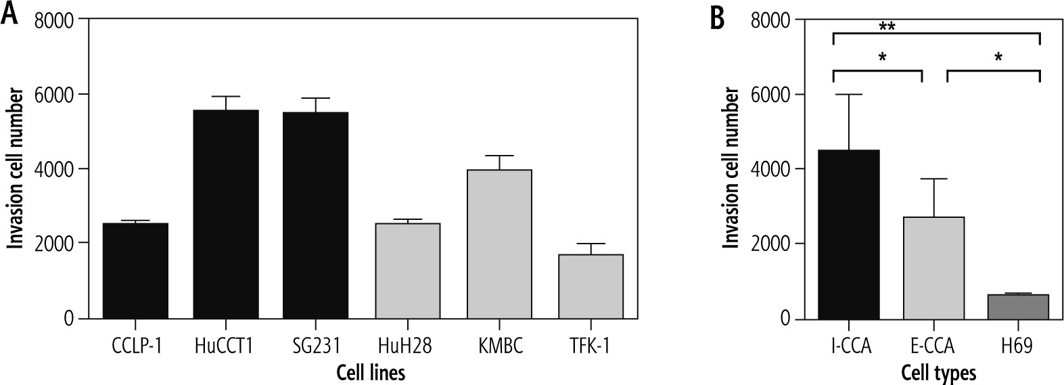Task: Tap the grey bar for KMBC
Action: pyautogui.click(x=499, y=244)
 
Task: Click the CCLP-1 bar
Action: pyautogui.click(x=135, y=271)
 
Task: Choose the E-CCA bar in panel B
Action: pyautogui.click(x=933, y=267)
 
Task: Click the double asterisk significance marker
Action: pyautogui.click(x=887, y=27)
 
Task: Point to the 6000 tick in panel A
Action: pyautogui.click(x=59, y=95)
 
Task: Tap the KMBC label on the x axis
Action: pyautogui.click(x=499, y=347)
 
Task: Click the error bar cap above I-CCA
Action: pyautogui.click(x=849, y=95)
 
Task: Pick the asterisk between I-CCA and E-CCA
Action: pyautogui.click(x=882, y=58)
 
